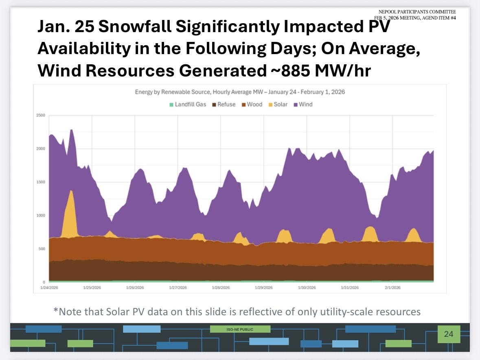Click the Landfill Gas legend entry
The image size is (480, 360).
[188, 105]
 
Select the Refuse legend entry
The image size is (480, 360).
[224, 105]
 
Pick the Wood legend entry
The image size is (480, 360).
[252, 105]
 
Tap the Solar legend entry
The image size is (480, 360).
[278, 105]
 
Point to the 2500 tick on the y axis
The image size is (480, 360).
[41, 116]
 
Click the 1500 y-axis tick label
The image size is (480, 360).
[41, 182]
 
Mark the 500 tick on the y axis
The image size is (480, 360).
[42, 249]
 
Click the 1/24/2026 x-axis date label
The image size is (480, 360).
[49, 288]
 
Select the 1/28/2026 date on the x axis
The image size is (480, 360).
[220, 288]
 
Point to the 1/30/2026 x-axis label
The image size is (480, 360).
[306, 288]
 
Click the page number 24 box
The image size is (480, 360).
[448, 334]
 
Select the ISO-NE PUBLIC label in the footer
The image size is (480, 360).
[240, 329]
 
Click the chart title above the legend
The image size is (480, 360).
[240, 92]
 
